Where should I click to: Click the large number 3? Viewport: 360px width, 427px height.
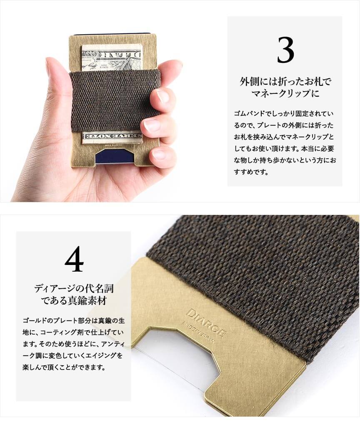pyautogui.click(x=285, y=50)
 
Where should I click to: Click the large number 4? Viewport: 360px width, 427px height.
pyautogui.click(x=74, y=259)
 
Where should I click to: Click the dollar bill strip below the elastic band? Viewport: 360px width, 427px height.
pyautogui.click(x=112, y=137)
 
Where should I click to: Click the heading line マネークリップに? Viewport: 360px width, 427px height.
pyautogui.click(x=285, y=93)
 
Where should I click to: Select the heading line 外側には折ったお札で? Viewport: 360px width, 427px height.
pyautogui.click(x=285, y=81)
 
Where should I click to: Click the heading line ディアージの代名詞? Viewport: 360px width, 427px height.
pyautogui.click(x=74, y=288)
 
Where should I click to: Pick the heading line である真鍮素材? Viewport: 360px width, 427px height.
pyautogui.click(x=74, y=301)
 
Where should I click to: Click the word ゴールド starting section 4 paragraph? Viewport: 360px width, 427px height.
pyautogui.click(x=34, y=320)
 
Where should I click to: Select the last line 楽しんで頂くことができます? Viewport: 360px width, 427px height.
pyautogui.click(x=64, y=367)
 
